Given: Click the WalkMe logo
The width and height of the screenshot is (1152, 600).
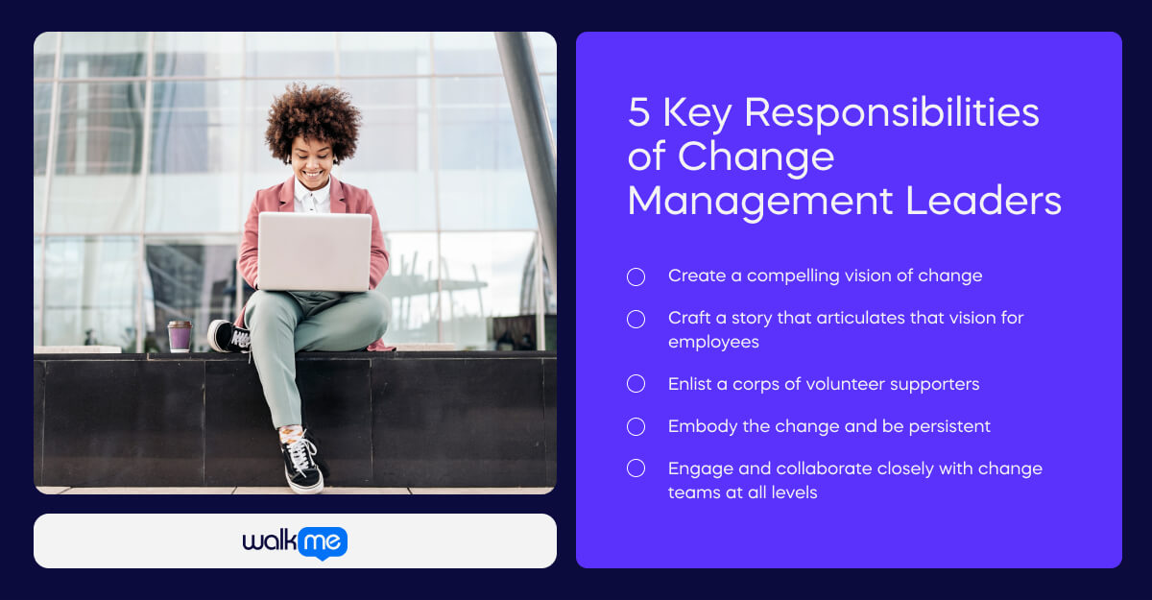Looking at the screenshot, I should point(295,541).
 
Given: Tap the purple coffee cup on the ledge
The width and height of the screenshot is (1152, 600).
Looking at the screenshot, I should point(180,336).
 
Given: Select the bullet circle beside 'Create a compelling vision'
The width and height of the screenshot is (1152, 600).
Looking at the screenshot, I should point(636,276).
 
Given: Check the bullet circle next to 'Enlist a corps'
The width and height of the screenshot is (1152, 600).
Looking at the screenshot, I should point(636,384).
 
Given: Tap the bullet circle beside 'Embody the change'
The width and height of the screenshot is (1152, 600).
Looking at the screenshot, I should point(636,426).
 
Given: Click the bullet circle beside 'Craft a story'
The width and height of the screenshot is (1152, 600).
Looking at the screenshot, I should point(636,319).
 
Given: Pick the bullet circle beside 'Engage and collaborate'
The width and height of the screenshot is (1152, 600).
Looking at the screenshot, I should point(636,468).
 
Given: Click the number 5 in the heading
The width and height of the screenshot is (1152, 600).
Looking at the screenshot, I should point(639,113).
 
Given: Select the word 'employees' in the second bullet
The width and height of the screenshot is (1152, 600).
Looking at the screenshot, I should point(713,342).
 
